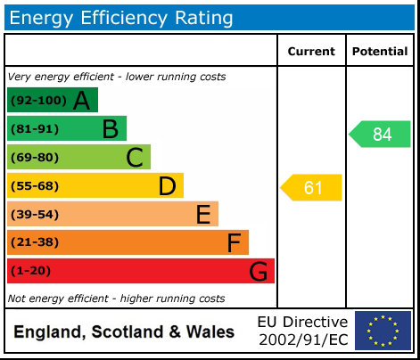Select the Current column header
311,52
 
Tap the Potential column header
380,52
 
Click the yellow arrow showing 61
311,187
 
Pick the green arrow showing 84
380,135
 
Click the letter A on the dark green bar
82,101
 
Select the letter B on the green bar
110,129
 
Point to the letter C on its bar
134,158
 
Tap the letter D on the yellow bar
167,186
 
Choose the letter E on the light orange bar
202,215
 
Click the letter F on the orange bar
234,243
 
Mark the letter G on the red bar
258,272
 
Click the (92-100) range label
37,101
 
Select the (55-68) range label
35,186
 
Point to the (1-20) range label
31,271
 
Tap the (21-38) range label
35,242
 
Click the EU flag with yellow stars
383,331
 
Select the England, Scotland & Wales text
124,332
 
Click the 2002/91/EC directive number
303,340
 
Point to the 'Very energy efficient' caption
116,77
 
